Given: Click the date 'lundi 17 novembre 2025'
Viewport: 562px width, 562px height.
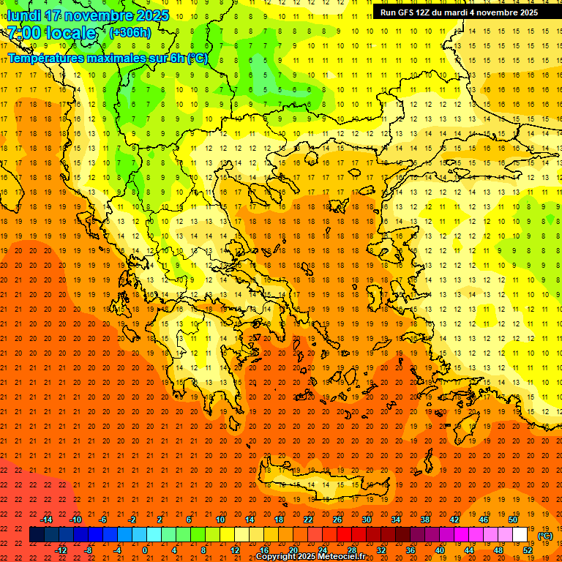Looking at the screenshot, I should pos(88,15).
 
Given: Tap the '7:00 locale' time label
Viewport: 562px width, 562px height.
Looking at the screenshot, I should pos(51,33).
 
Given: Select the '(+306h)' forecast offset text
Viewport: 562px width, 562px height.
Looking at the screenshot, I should pos(130,33).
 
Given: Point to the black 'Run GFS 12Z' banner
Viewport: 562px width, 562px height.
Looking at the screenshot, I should pos(459,12).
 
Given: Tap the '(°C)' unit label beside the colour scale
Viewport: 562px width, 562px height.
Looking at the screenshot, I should pos(545,536).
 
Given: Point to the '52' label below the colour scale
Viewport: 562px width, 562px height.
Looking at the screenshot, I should pos(528,550).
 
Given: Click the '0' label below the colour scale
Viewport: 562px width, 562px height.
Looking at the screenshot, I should pos(145,550).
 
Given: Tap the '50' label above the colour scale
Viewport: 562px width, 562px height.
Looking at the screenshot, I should pos(513,520).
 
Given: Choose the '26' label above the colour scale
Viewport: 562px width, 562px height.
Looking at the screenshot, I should pos(337,520).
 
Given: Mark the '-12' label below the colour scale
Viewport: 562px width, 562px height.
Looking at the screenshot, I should pos(61,550).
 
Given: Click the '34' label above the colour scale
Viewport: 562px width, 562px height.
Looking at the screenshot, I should pos(396,520).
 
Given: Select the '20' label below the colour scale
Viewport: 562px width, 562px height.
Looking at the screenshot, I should pos(293,550).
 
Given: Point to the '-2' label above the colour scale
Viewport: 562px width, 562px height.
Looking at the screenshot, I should pos(132,520).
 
